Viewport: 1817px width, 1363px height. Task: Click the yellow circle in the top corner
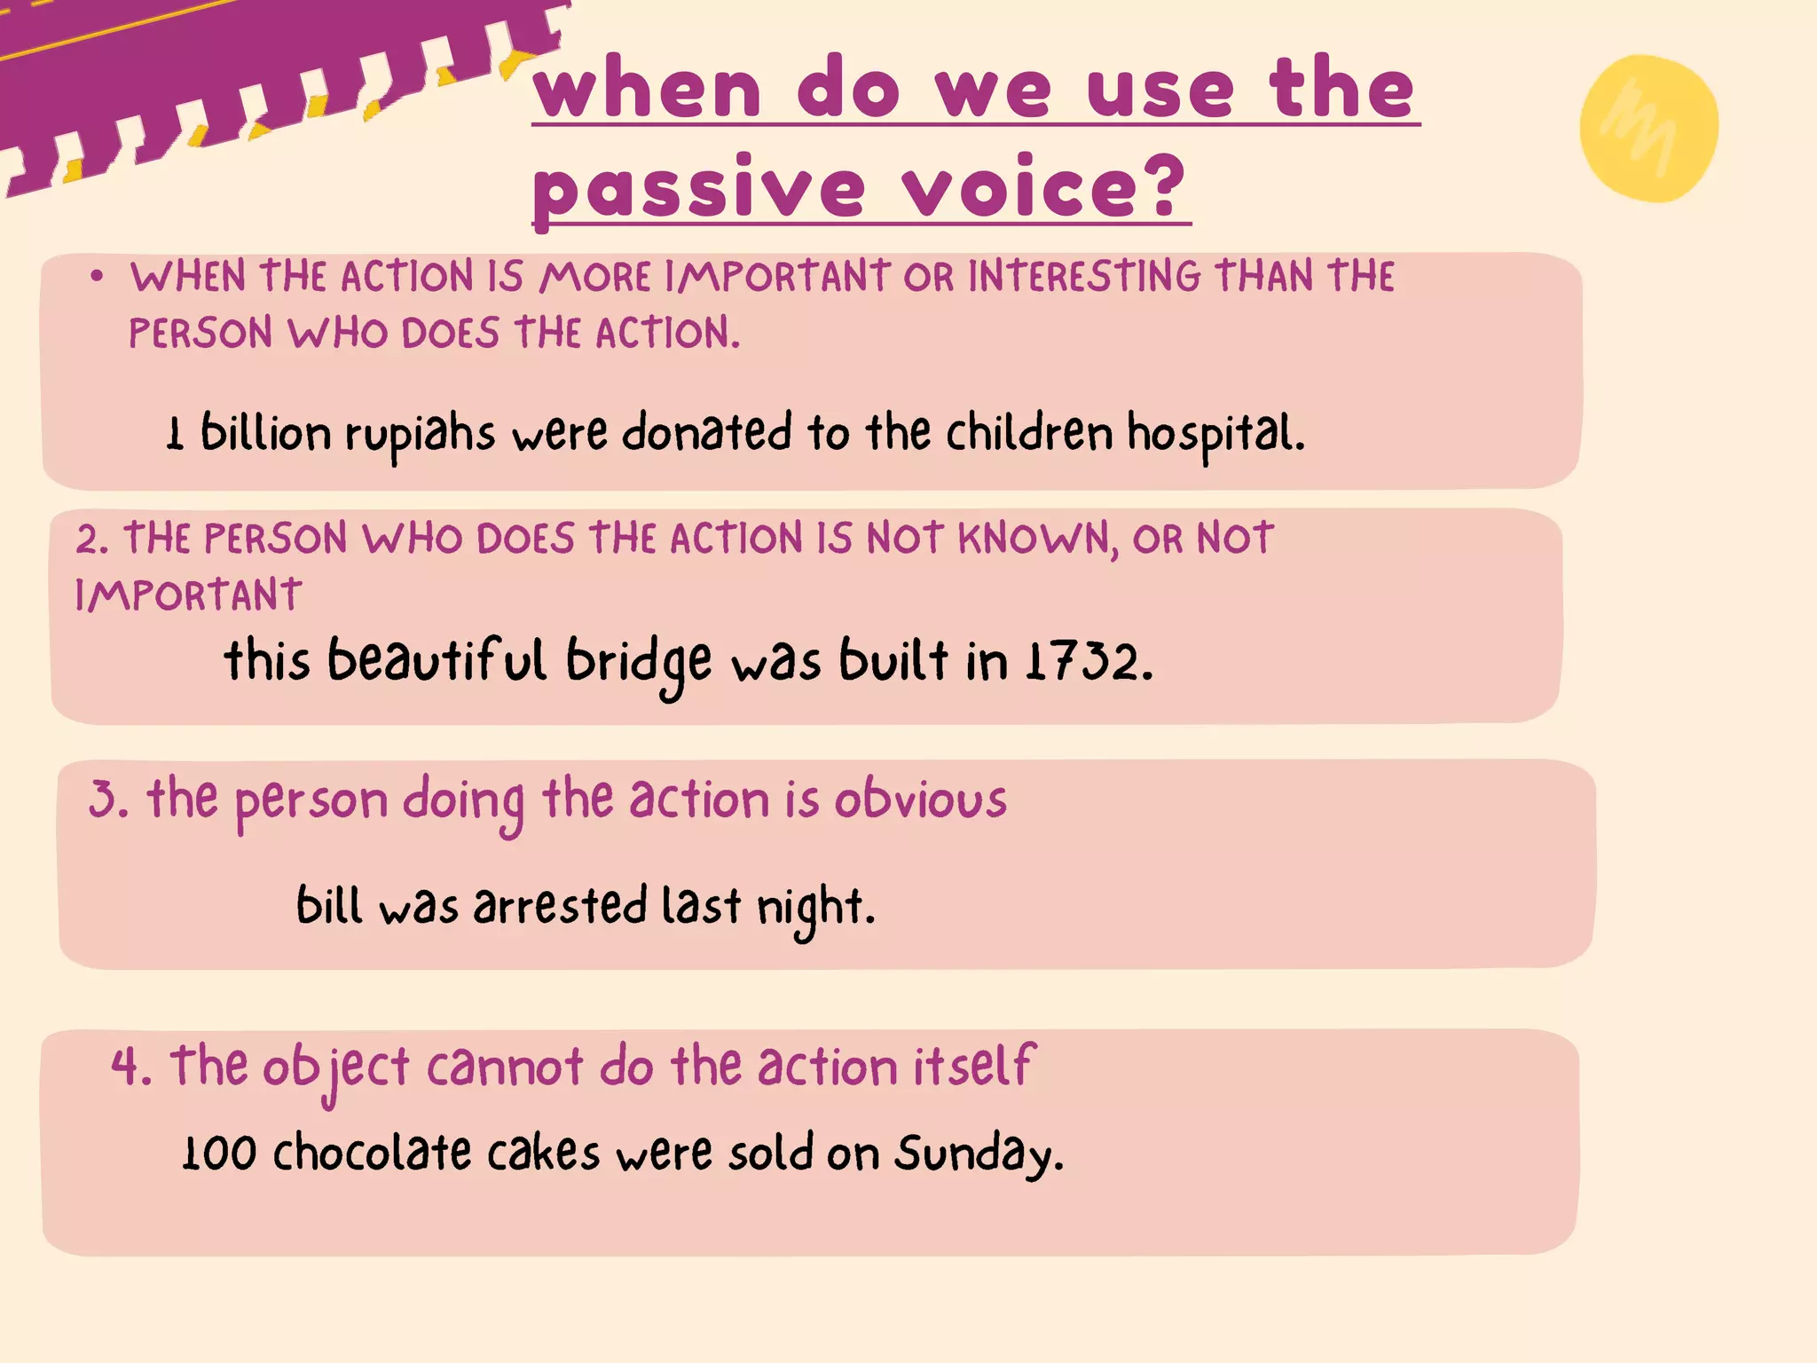1648,128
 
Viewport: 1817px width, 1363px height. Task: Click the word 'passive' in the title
698,188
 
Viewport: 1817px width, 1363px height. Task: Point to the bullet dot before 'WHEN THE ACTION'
97,277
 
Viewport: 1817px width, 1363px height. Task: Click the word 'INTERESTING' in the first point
1083,276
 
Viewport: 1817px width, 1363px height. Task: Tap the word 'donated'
706,433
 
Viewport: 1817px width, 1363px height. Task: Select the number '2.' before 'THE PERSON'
90,540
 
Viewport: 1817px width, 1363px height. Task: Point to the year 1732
1087,662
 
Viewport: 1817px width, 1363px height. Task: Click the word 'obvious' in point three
920,799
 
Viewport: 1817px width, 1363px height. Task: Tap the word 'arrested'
560,906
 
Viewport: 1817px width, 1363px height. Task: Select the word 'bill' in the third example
329,906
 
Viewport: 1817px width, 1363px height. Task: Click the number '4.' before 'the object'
131,1067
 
